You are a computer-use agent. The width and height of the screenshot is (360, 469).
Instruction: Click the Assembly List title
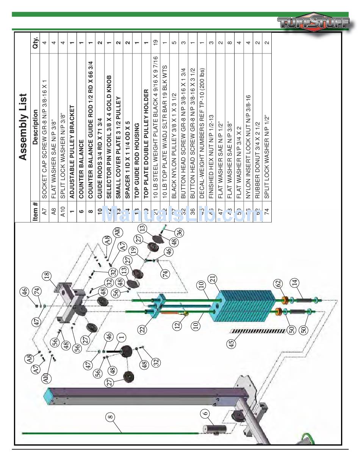pos(23,127)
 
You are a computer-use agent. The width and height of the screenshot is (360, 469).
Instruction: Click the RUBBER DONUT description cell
pos(257,133)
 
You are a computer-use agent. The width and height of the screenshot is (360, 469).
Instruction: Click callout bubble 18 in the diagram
pos(48,276)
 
